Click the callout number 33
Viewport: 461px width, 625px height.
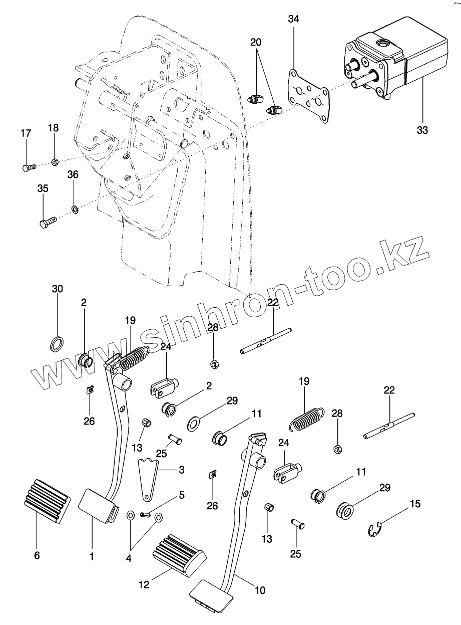(x=422, y=130)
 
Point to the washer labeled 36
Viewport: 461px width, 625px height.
(x=75, y=208)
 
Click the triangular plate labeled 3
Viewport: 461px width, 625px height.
(x=148, y=479)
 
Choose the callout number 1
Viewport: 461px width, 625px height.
(x=92, y=556)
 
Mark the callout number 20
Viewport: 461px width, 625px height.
(x=256, y=43)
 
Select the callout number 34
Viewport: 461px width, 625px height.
(x=293, y=20)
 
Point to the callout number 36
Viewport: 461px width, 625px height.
(x=73, y=175)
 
